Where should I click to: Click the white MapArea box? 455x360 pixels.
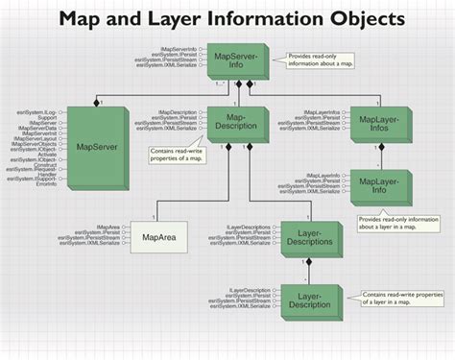click(x=157, y=236)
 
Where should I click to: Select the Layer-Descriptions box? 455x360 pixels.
click(x=308, y=238)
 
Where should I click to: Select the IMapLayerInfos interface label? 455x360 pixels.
click(x=323, y=112)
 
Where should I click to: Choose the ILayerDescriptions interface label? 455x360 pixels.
click(x=249, y=228)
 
